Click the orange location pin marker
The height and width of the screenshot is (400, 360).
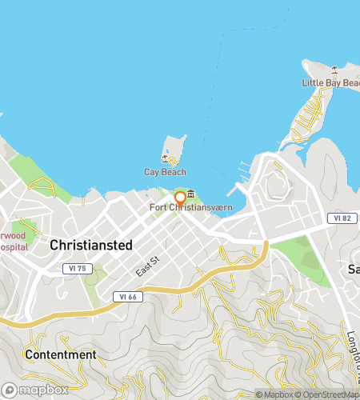click(181, 198)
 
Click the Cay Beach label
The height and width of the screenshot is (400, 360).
click(165, 172)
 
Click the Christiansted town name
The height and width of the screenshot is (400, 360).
click(90, 246)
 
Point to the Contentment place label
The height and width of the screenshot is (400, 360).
click(61, 354)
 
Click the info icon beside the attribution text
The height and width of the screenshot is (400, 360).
click(260, 394)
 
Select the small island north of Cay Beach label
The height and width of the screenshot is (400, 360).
click(173, 148)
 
